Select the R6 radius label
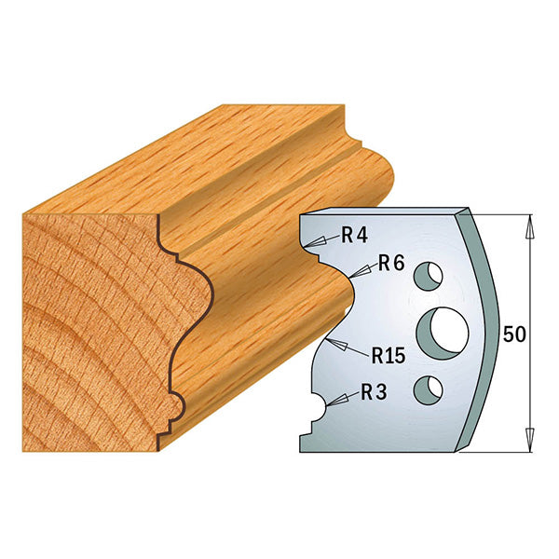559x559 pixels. click(390, 265)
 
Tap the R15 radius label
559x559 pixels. click(387, 355)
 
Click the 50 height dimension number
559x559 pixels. click(513, 333)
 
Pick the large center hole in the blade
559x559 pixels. click(442, 333)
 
